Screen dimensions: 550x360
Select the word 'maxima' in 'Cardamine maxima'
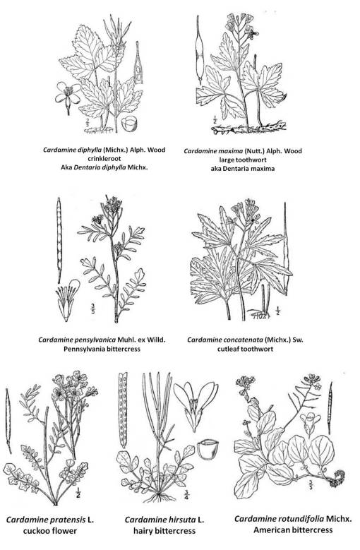[x=238, y=150]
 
